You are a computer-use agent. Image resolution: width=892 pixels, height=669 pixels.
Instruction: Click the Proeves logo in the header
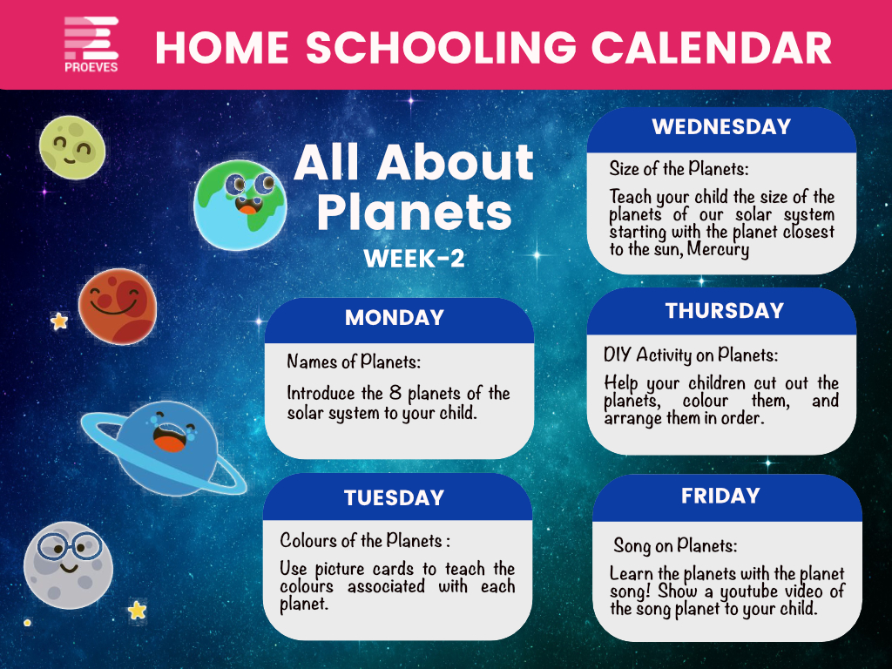[91, 44]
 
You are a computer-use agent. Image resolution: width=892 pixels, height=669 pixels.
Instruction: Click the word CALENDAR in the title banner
[712, 47]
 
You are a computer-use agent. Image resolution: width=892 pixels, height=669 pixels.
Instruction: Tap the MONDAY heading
[395, 317]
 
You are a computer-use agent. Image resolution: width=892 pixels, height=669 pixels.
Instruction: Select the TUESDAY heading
[394, 497]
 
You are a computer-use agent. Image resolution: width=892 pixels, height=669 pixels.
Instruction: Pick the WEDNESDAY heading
[721, 126]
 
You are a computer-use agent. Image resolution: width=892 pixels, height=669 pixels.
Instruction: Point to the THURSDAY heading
[725, 311]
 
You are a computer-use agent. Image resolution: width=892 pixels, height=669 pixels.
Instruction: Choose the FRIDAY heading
[720, 496]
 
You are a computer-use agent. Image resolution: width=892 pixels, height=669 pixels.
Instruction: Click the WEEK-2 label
[414, 259]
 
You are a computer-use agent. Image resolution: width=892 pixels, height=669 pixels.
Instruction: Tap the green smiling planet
[72, 148]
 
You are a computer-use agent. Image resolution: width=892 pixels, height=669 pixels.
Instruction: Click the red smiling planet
[118, 306]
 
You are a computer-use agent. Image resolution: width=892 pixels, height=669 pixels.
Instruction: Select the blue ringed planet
[164, 449]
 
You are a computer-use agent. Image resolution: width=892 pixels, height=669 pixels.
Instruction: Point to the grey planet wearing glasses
[68, 564]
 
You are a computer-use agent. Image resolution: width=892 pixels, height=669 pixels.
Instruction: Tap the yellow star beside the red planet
[59, 321]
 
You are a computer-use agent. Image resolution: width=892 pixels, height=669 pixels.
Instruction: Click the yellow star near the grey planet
[137, 610]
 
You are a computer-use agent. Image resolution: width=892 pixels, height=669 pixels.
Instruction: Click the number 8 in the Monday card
[395, 393]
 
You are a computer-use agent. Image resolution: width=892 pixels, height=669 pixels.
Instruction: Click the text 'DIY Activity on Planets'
[691, 355]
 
